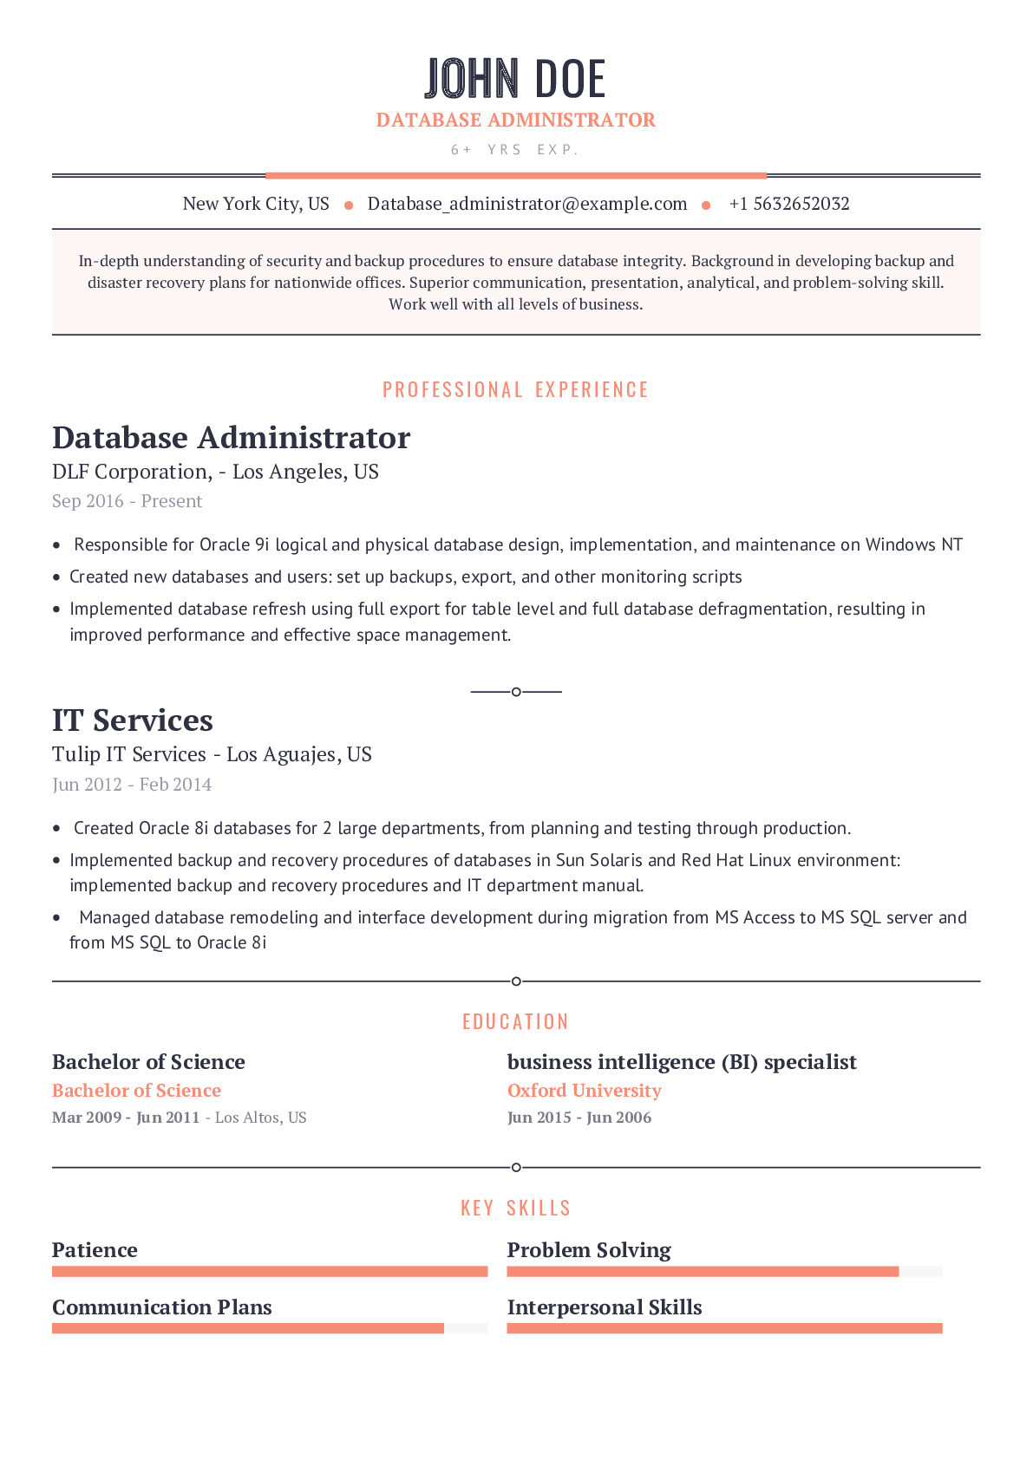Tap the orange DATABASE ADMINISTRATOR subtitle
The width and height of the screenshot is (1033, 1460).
[515, 120]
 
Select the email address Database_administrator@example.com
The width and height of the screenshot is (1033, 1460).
[526, 204]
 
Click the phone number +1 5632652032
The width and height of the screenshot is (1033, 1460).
[788, 204]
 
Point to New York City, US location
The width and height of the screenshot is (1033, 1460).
[256, 204]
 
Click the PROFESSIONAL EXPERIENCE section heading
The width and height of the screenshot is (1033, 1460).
[515, 390]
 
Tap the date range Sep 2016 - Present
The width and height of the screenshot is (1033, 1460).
[127, 501]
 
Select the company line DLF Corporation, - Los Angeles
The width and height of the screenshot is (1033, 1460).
[215, 472]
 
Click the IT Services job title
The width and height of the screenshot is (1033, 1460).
[133, 720]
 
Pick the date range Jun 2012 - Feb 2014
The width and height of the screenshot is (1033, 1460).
[132, 785]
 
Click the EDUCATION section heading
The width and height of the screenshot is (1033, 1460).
[515, 1022]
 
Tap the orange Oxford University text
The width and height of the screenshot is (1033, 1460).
[584, 1091]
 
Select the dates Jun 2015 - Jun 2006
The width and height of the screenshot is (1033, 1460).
[579, 1118]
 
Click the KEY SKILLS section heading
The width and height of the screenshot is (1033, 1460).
[515, 1209]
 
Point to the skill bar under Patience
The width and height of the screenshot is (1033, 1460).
[269, 1272]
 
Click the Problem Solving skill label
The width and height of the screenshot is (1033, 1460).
[588, 1250]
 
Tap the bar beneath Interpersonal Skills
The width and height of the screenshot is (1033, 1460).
[723, 1328]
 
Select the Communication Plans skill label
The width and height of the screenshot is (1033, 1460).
[161, 1307]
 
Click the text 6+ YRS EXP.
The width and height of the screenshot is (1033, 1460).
[514, 150]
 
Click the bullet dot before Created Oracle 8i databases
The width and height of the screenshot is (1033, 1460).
[57, 829]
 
